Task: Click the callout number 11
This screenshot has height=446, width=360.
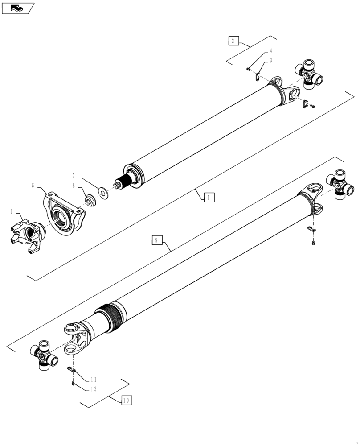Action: tap(94, 380)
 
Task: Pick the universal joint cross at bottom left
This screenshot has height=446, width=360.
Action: tap(45, 355)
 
